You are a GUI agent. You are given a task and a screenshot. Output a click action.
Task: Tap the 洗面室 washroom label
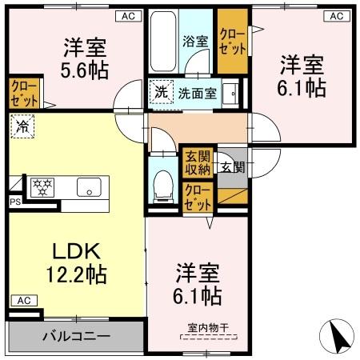tap(197, 92)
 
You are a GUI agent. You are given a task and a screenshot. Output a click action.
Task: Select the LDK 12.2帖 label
tap(77, 262)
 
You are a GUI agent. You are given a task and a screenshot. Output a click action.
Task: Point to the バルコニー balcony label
tap(77, 336)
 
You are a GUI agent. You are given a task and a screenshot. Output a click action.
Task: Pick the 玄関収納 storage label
tap(197, 162)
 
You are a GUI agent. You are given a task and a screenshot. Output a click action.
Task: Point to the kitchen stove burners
tap(41, 187)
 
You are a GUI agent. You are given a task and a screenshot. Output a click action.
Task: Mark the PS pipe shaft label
tap(14, 203)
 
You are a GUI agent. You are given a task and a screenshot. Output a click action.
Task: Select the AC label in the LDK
tap(22, 300)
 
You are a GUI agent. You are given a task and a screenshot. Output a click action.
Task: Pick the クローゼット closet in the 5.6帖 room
tap(24, 93)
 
